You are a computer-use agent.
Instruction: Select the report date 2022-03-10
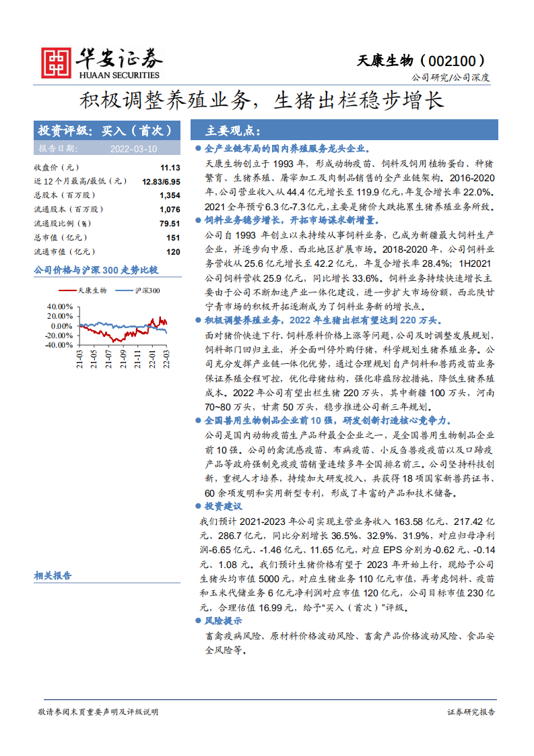[133, 149]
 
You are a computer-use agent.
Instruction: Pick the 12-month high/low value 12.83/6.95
[161, 181]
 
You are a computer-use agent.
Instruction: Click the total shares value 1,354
[170, 195]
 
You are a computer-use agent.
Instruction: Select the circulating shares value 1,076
[170, 210]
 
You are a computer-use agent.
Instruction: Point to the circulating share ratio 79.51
[170, 224]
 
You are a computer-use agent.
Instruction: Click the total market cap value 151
[173, 238]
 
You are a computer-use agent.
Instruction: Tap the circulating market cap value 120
[173, 252]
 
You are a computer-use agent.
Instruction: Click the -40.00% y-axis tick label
[59, 345]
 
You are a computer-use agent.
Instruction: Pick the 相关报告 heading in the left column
[53, 576]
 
